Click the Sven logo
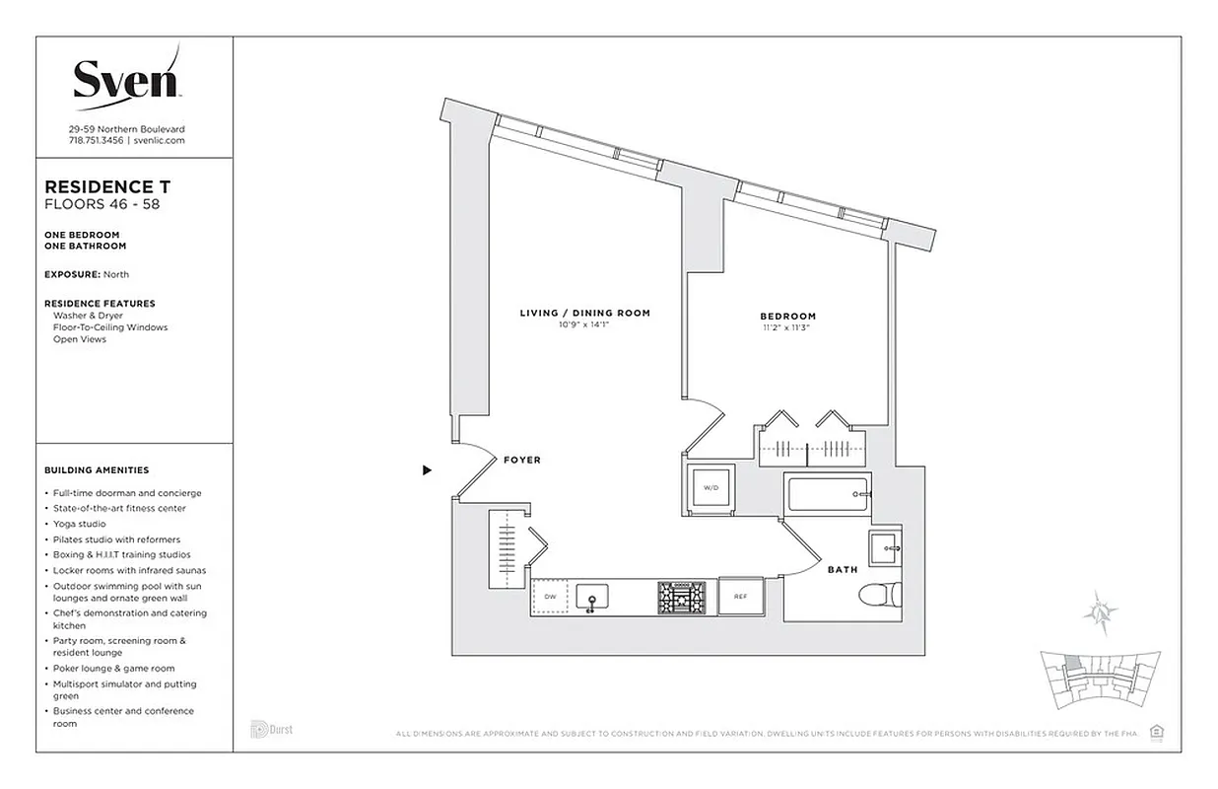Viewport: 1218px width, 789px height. pyautogui.click(x=126, y=77)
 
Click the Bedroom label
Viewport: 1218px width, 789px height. pyautogui.click(x=787, y=317)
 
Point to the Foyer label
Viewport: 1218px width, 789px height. pyautogui.click(x=521, y=461)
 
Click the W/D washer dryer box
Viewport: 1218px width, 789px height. pyautogui.click(x=710, y=488)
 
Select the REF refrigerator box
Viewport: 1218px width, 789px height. pyautogui.click(x=740, y=597)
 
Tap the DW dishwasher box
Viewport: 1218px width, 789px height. pyautogui.click(x=549, y=597)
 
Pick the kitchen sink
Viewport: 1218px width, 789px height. pyautogui.click(x=591, y=598)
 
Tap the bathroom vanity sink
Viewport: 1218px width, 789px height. pyautogui.click(x=884, y=545)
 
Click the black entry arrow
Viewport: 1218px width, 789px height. pyautogui.click(x=427, y=470)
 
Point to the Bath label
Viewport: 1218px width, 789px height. pyautogui.click(x=842, y=569)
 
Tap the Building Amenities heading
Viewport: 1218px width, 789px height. pyautogui.click(x=97, y=470)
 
